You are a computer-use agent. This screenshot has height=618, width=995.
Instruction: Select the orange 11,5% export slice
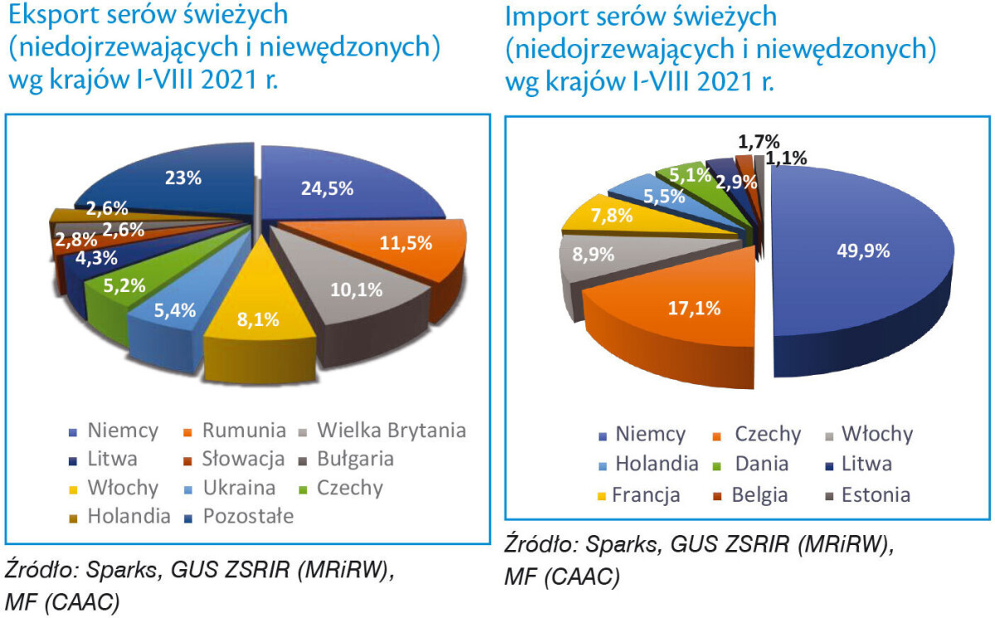[398, 245]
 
